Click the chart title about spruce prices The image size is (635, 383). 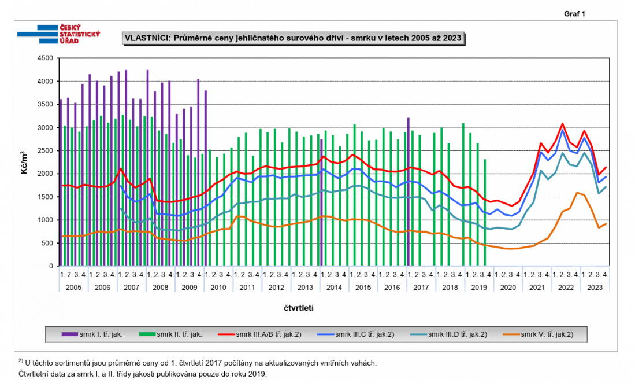(294, 38)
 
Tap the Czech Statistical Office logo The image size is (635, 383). (60, 34)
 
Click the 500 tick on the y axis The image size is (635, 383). (46, 243)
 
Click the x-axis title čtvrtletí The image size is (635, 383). (299, 307)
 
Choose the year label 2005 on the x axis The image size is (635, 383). (73, 287)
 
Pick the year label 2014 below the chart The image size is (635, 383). (333, 287)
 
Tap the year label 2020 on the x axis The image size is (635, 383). (508, 287)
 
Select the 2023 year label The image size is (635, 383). (595, 287)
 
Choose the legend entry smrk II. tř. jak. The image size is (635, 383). (179, 334)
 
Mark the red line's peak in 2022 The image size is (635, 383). (562, 123)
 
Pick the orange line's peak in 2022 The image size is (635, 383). (577, 192)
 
